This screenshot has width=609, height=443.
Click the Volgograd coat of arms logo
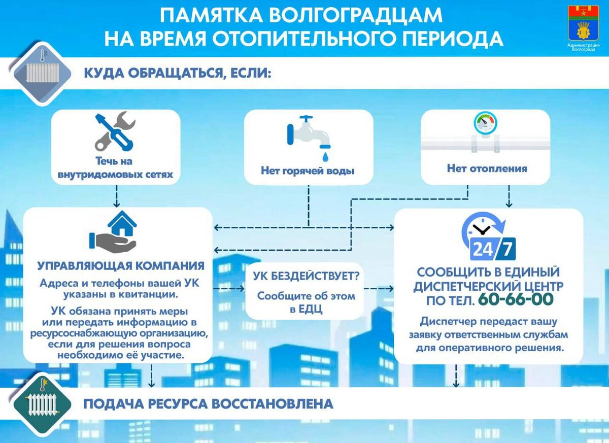click(x=583, y=23)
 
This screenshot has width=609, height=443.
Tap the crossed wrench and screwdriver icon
click(x=115, y=132)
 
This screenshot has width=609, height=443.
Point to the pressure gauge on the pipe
click(x=485, y=123)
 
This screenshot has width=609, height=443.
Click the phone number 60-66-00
click(x=516, y=299)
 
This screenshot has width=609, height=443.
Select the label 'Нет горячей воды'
click(x=308, y=171)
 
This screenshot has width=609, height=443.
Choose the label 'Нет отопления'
click(x=487, y=168)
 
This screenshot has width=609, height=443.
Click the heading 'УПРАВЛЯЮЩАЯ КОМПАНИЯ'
click(x=121, y=265)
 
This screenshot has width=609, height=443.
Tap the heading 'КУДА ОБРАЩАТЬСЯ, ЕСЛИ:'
click(x=177, y=74)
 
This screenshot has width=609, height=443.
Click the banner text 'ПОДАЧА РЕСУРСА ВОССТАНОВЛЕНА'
click(x=208, y=404)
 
